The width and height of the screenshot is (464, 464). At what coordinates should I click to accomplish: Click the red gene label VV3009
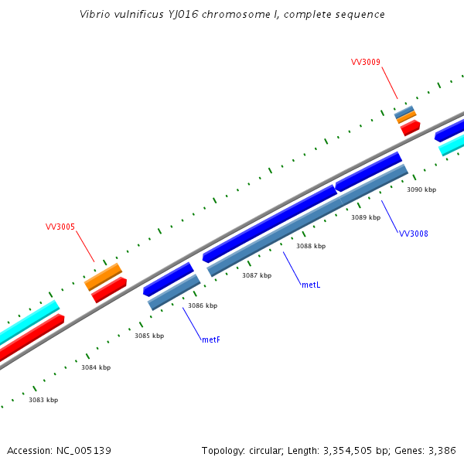(365, 62)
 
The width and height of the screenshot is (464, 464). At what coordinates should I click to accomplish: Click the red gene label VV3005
(60, 227)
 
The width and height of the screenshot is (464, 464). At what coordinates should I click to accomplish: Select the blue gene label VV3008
(413, 234)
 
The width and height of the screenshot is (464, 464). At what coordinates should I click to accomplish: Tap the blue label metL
(311, 285)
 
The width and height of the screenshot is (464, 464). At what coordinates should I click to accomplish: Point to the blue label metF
(210, 339)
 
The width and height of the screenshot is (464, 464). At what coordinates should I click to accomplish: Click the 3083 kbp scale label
(43, 400)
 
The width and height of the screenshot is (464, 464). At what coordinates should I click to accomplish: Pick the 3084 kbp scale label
(96, 367)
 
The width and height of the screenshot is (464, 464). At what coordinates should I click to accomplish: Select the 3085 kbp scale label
(149, 336)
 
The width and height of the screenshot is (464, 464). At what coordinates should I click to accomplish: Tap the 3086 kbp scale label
(203, 305)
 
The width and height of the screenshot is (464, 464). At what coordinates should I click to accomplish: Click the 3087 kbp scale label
(257, 275)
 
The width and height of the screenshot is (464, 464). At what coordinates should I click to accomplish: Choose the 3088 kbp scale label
(311, 246)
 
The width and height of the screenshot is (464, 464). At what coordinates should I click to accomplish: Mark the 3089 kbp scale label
(366, 217)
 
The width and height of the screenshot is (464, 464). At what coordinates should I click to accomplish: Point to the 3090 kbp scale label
(421, 189)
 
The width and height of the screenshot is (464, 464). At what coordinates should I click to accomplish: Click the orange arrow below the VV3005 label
(103, 276)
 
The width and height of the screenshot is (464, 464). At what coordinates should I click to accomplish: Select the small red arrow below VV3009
(410, 127)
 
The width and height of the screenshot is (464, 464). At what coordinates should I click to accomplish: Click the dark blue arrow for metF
(169, 279)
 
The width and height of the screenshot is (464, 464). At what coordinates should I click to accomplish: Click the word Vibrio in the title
(96, 15)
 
